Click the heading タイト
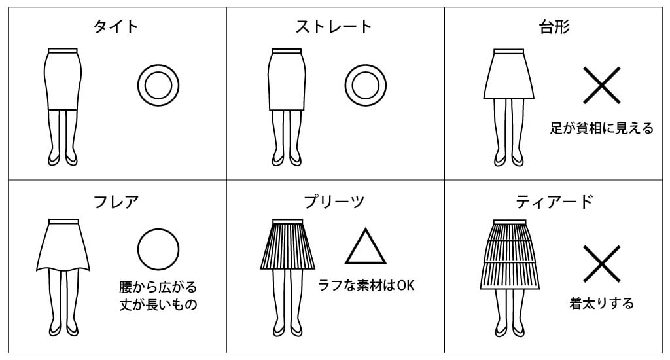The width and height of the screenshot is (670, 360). click(x=116, y=26)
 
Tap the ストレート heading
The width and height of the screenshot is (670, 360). click(x=334, y=26)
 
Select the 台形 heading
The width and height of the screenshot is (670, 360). click(x=554, y=26)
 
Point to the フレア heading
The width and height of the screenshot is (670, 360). click(x=116, y=202)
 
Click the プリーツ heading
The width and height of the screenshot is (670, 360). click(x=334, y=202)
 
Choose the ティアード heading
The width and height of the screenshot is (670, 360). click(x=554, y=202)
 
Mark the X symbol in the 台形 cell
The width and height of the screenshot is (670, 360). click(x=602, y=85)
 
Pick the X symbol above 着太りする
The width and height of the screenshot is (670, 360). click(x=602, y=264)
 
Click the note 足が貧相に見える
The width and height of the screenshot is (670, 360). click(x=602, y=128)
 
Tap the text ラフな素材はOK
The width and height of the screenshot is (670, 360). click(x=366, y=285)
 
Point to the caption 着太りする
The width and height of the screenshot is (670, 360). click(x=602, y=303)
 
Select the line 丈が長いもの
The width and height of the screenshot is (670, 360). click(x=158, y=304)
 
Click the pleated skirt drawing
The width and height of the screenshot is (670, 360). click(x=288, y=244)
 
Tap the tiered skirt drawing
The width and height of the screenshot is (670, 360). click(x=510, y=255)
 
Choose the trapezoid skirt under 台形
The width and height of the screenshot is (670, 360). click(x=509, y=75)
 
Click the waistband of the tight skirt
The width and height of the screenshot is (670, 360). click(x=63, y=50)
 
